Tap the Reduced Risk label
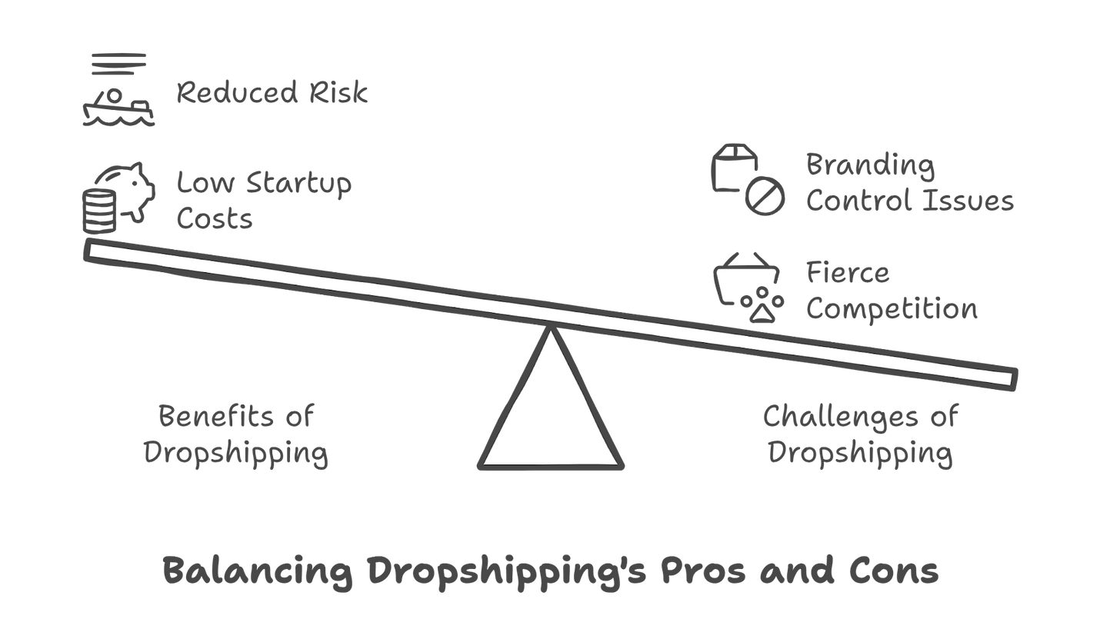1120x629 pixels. pyautogui.click(x=272, y=93)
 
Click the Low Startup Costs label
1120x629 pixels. pyautogui.click(x=264, y=201)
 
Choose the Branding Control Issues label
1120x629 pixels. pyautogui.click(x=909, y=183)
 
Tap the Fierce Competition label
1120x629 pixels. pyautogui.click(x=892, y=291)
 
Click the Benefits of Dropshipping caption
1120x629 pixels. pyautogui.click(x=235, y=434)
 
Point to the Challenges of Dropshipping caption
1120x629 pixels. pyautogui.click(x=860, y=434)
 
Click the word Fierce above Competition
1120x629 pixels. pyautogui.click(x=848, y=273)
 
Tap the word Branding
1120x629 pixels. pyautogui.click(x=870, y=165)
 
